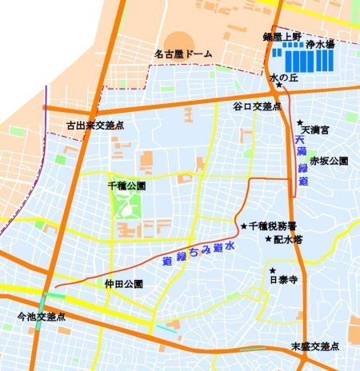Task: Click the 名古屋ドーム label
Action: [184, 54]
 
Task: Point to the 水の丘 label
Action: [284, 78]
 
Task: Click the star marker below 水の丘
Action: [280, 86]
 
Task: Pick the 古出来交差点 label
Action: [94, 126]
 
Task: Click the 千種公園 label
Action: [126, 185]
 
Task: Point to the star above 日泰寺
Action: [273, 270]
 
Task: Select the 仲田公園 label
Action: [123, 284]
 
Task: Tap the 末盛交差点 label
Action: [314, 346]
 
